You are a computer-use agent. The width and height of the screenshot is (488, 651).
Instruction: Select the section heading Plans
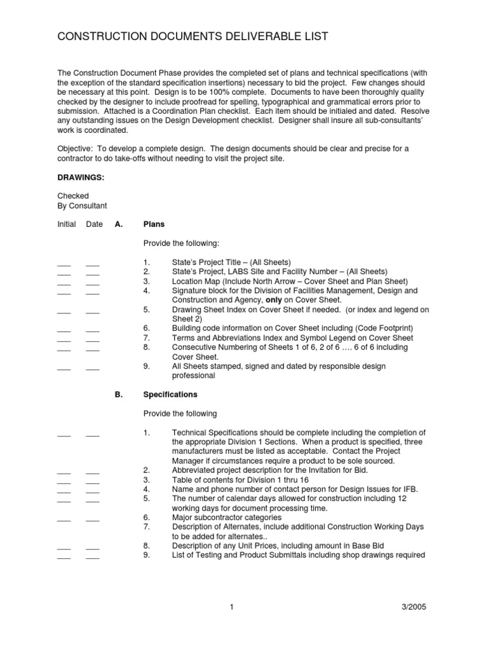[154, 224]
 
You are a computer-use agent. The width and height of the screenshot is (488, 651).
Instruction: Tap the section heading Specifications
[170, 394]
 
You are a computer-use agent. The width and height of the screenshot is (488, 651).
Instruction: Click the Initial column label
[66, 224]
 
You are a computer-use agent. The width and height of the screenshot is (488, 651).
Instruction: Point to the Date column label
[94, 224]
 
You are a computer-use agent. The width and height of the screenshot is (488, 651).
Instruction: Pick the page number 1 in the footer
[233, 607]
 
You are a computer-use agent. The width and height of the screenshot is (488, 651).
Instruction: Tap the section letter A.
[118, 224]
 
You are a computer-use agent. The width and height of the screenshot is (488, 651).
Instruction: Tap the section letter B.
[118, 394]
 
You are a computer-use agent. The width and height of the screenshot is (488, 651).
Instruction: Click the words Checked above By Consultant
[72, 196]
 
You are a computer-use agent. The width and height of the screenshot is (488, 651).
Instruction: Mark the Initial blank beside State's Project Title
[64, 263]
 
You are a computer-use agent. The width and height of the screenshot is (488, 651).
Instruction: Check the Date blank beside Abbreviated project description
[93, 471]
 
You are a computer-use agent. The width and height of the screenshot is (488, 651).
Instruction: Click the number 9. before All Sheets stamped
[146, 367]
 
